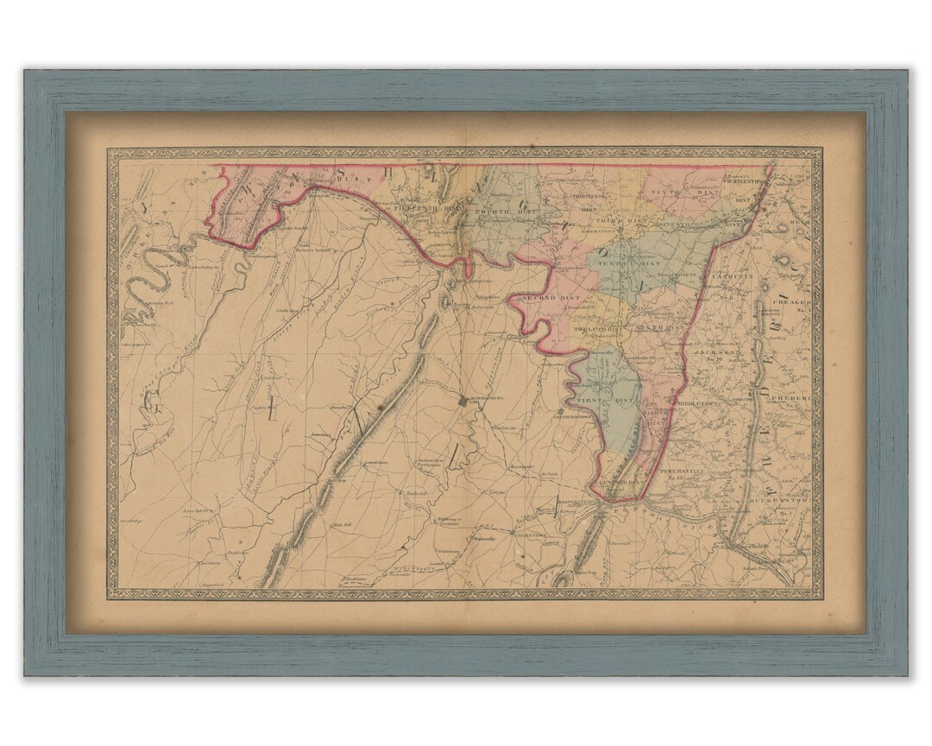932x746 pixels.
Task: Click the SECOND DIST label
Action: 551,299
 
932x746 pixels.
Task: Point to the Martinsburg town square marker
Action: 463,399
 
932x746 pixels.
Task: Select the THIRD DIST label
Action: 619,221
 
